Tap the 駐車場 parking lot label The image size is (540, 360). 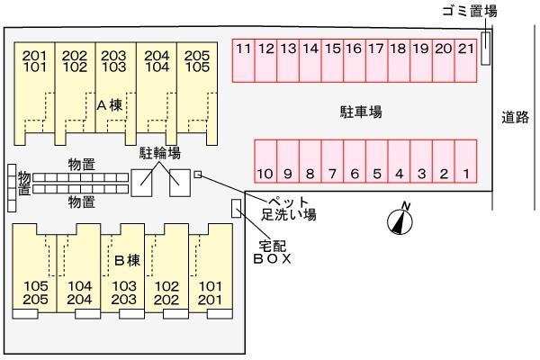click(x=361, y=112)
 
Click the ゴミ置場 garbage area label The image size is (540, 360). click(x=469, y=11)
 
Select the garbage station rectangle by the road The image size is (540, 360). click(x=486, y=48)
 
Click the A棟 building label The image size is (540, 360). click(x=110, y=104)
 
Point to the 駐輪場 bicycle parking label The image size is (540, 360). click(x=160, y=154)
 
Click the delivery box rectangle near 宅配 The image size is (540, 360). click(x=236, y=208)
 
